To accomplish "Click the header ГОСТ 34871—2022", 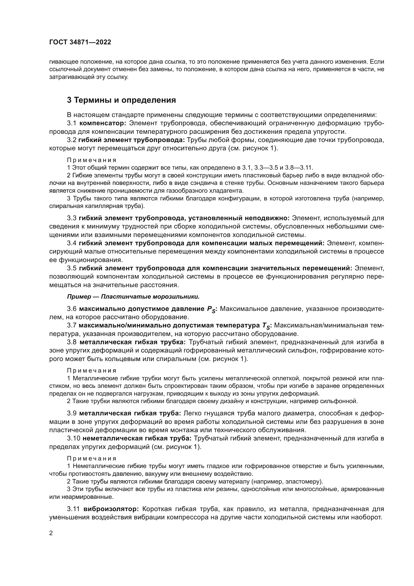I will point(80,42).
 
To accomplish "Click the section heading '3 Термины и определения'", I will point(121,100).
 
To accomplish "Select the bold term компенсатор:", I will point(103,123).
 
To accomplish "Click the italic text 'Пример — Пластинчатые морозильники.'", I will point(133,297).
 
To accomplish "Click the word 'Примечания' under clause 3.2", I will point(92,160).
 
